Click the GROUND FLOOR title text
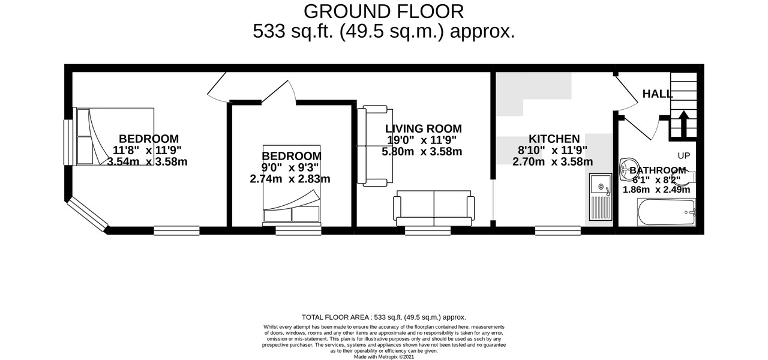pyautogui.click(x=383, y=11)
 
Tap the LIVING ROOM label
pyautogui.click(x=423, y=128)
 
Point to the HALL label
pyautogui.click(x=658, y=94)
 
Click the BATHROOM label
pyautogui.click(x=658, y=170)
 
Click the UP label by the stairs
pyautogui.click(x=683, y=155)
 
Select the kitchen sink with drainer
pyautogui.click(x=600, y=197)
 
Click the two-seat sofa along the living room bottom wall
pyautogui.click(x=433, y=209)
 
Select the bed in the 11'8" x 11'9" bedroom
pyautogui.click(x=114, y=136)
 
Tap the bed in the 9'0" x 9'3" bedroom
pyautogui.click(x=292, y=186)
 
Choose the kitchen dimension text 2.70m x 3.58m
pyautogui.click(x=553, y=161)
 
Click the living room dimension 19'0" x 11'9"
pyautogui.click(x=423, y=140)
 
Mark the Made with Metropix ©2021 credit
pyautogui.click(x=383, y=356)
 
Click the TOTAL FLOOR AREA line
pyautogui.click(x=383, y=317)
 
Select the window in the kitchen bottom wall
pyautogui.click(x=558, y=230)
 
